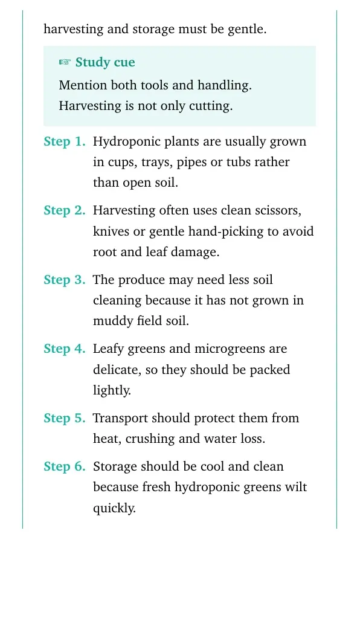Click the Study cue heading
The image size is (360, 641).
(105, 63)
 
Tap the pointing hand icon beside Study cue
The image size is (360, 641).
(65, 63)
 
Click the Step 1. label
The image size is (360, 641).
(65, 142)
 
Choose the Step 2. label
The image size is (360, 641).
(65, 211)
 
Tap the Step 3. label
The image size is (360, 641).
(65, 280)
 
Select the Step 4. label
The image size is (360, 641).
(65, 349)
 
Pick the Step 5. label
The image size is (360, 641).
(65, 418)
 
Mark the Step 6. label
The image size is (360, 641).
(65, 467)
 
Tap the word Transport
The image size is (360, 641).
(121, 419)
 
